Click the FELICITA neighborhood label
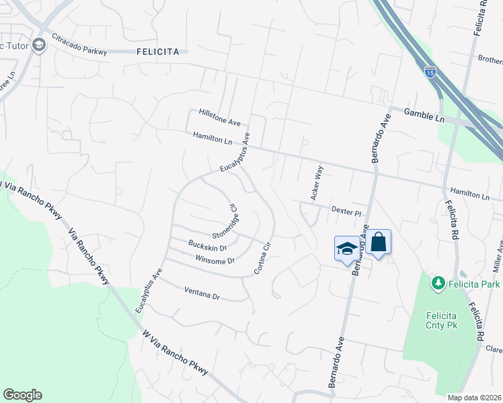click(157, 51)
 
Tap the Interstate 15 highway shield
click(430, 71)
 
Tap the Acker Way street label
click(316, 183)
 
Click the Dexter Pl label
click(347, 210)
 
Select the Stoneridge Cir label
click(227, 222)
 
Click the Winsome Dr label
click(215, 259)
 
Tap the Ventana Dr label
click(202, 293)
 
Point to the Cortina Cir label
click(262, 257)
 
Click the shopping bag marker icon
click(379, 242)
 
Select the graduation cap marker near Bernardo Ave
click(346, 249)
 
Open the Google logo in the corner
click(22, 395)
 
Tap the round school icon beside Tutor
click(38, 44)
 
